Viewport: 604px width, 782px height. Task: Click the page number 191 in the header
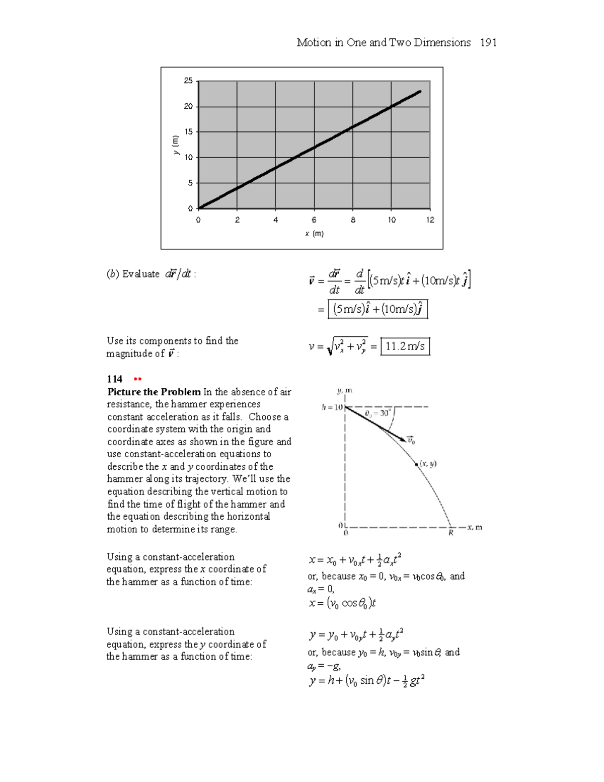pyautogui.click(x=488, y=43)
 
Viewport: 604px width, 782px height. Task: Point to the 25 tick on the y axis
pyautogui.click(x=188, y=81)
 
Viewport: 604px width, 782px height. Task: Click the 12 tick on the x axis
pyautogui.click(x=430, y=220)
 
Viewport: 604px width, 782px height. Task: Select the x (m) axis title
pyautogui.click(x=314, y=234)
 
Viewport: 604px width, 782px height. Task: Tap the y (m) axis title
pyautogui.click(x=175, y=145)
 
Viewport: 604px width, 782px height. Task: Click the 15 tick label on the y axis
pyautogui.click(x=188, y=132)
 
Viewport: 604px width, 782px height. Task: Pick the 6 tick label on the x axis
pyautogui.click(x=314, y=220)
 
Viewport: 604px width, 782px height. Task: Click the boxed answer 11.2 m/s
pyautogui.click(x=405, y=346)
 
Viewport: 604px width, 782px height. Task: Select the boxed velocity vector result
pyautogui.click(x=377, y=309)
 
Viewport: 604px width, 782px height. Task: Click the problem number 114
pyautogui.click(x=115, y=379)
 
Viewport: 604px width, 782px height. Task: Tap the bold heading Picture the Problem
pyautogui.click(x=154, y=392)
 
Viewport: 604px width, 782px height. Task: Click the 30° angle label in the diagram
pyautogui.click(x=384, y=413)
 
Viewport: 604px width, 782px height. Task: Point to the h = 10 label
pyautogui.click(x=332, y=407)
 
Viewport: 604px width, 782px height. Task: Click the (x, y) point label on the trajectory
pyautogui.click(x=428, y=464)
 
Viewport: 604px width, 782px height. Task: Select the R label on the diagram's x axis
pyautogui.click(x=450, y=533)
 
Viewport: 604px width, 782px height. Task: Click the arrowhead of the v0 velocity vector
pyautogui.click(x=403, y=440)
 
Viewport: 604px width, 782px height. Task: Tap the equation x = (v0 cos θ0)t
pyautogui.click(x=342, y=603)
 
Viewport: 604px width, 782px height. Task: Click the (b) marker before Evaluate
pyautogui.click(x=113, y=274)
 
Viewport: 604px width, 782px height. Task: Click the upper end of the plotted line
pyautogui.click(x=420, y=92)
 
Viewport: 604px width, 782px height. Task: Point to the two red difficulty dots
pyautogui.click(x=137, y=379)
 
